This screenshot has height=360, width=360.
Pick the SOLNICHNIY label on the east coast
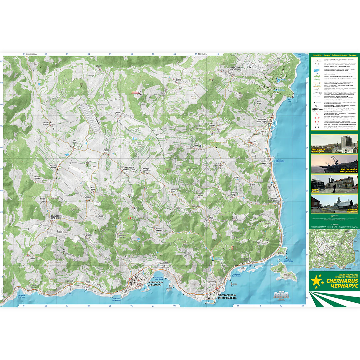coord(273,199)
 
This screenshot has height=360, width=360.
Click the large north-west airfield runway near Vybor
coord(90,117)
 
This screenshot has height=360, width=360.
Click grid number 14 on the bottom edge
coord(302,305)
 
